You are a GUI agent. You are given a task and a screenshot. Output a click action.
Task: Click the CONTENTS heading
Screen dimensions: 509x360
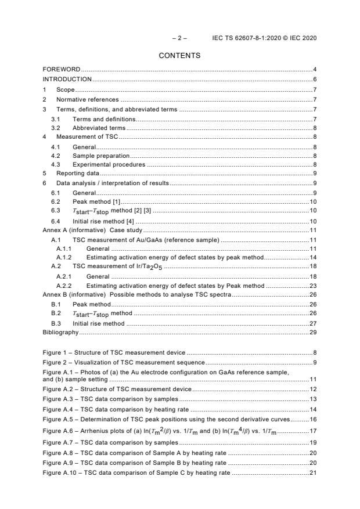coord(179,56)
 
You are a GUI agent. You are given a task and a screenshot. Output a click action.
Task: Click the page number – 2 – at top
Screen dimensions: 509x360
coord(179,38)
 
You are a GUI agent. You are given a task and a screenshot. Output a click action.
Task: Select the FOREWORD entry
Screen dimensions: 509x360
coord(62,70)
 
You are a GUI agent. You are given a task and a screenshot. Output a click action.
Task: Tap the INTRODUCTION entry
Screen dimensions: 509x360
coord(67,79)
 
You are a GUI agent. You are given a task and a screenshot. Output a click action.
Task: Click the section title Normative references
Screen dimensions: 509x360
coord(88,100)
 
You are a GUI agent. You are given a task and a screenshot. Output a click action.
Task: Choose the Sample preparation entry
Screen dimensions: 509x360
coord(100,156)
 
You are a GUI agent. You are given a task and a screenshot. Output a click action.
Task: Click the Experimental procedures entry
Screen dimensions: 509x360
coord(109,164)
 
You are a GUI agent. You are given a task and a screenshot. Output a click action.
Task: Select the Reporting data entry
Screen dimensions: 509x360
coord(78,173)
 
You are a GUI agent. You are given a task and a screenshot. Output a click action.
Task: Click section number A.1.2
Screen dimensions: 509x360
coord(64,257)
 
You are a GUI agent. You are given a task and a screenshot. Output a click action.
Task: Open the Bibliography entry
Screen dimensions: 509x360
coord(60,333)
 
